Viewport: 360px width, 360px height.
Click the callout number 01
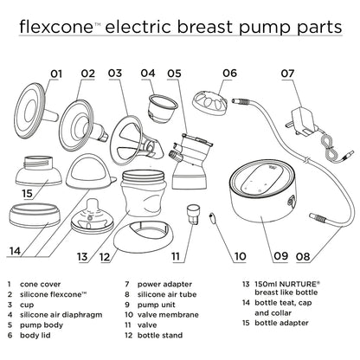tap(58, 74)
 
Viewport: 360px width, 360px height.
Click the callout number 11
tap(177, 256)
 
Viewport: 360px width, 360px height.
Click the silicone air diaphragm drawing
tap(159, 112)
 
